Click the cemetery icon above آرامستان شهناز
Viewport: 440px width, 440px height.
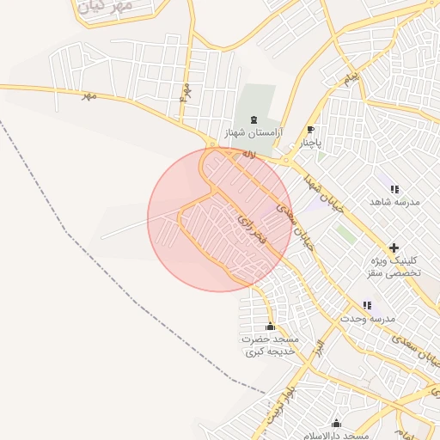(253, 119)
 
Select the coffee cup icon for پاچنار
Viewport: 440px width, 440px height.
(310, 130)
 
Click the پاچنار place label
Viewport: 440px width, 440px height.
(309, 144)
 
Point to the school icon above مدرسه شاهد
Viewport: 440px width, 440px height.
(394, 188)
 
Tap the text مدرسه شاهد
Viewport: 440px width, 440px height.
(394, 202)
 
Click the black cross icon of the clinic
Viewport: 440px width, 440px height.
(394, 247)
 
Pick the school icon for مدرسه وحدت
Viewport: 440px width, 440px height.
(367, 305)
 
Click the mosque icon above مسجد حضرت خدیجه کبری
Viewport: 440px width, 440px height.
(271, 326)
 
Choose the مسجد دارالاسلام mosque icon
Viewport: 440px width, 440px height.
(336, 424)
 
